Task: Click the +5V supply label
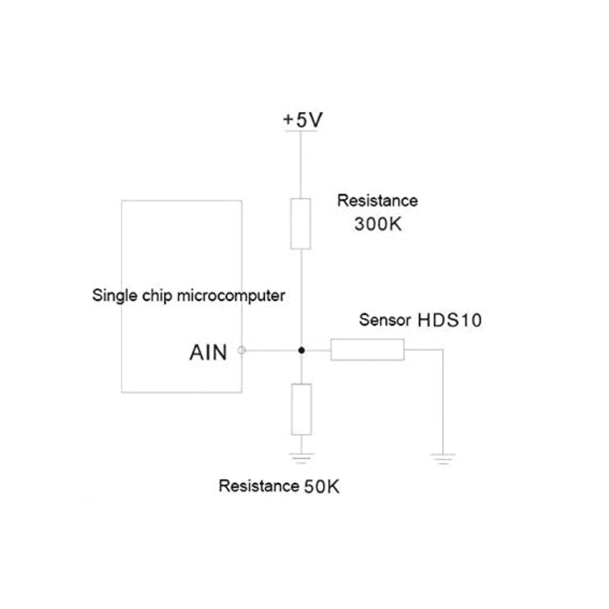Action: click(303, 120)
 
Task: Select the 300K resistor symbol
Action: click(301, 224)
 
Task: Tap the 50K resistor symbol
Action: click(301, 409)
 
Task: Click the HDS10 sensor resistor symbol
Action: click(367, 350)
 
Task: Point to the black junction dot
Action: click(301, 350)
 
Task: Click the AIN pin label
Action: click(208, 352)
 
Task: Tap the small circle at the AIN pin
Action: click(242, 350)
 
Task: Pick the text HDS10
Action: click(449, 320)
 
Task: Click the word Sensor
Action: click(385, 320)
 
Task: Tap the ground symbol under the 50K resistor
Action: click(301, 459)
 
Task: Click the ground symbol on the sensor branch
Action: click(443, 459)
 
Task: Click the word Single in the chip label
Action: click(110, 297)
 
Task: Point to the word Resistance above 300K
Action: click(378, 200)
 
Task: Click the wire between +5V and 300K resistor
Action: click(301, 164)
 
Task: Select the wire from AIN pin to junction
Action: click(271, 350)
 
